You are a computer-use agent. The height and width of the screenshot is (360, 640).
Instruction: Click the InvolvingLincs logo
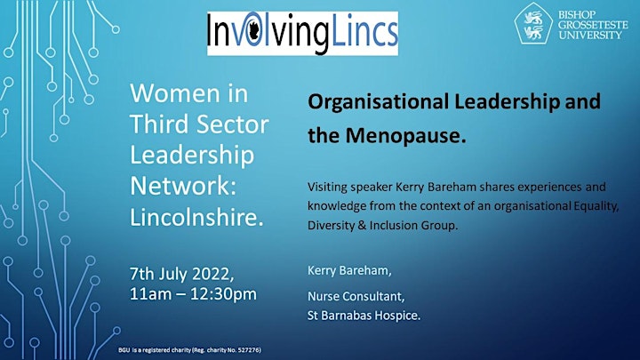(x=302, y=34)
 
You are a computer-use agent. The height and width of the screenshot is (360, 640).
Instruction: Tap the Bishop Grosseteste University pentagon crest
(x=533, y=24)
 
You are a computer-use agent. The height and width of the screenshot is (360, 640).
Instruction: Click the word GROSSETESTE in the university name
(x=593, y=25)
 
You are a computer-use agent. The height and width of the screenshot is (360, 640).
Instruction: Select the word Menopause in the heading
(x=405, y=135)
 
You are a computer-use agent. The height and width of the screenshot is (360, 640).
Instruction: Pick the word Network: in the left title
(x=183, y=186)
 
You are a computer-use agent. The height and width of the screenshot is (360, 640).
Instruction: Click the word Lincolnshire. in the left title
(x=196, y=217)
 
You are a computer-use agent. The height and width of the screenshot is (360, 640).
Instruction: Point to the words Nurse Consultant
(x=356, y=296)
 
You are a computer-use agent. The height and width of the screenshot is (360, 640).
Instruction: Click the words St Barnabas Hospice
(x=364, y=316)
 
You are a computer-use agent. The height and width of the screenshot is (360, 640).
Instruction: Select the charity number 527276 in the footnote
(x=250, y=350)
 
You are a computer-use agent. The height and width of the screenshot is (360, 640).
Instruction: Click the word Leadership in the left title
(x=192, y=156)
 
